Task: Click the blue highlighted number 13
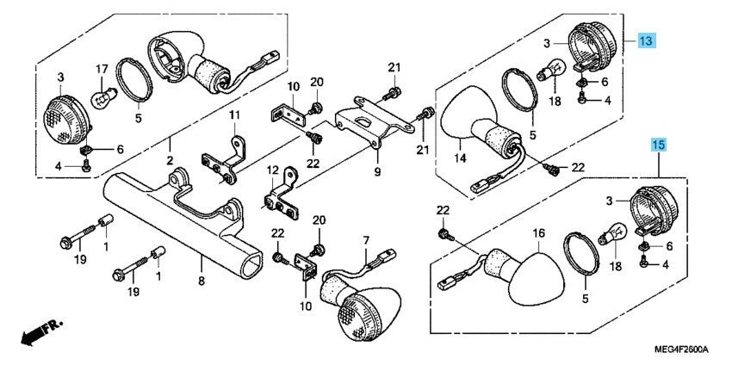tap(647, 40)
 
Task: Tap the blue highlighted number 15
tap(659, 145)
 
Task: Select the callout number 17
tap(101, 69)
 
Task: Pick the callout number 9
tap(376, 172)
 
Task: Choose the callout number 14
tap(460, 158)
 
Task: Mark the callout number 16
tap(539, 232)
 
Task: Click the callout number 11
tap(234, 115)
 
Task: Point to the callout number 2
tap(171, 161)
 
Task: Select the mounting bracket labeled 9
tap(370, 121)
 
